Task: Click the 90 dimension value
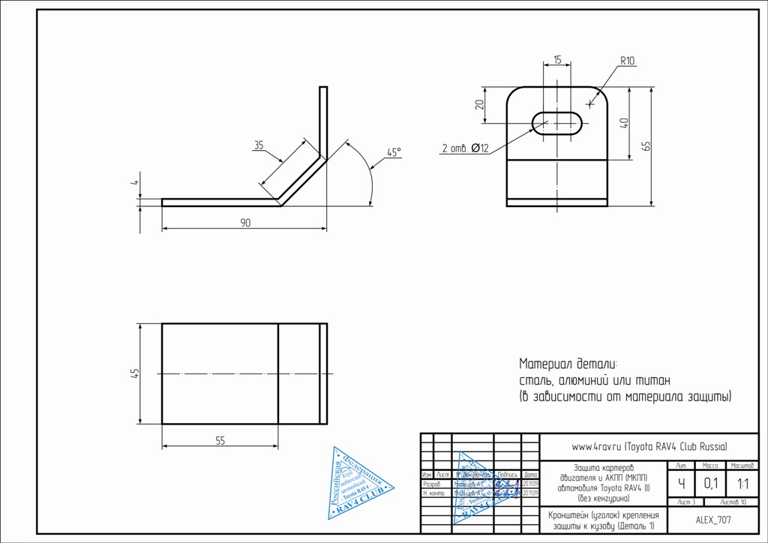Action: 245,223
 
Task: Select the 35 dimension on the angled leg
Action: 259,145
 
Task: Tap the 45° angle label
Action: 394,152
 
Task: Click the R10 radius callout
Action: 627,61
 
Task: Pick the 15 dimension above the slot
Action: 557,59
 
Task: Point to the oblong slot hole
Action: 559,121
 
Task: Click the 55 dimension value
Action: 220,441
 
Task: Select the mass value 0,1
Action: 709,483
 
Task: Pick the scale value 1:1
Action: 742,483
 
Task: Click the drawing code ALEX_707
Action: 713,519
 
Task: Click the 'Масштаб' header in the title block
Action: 742,466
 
